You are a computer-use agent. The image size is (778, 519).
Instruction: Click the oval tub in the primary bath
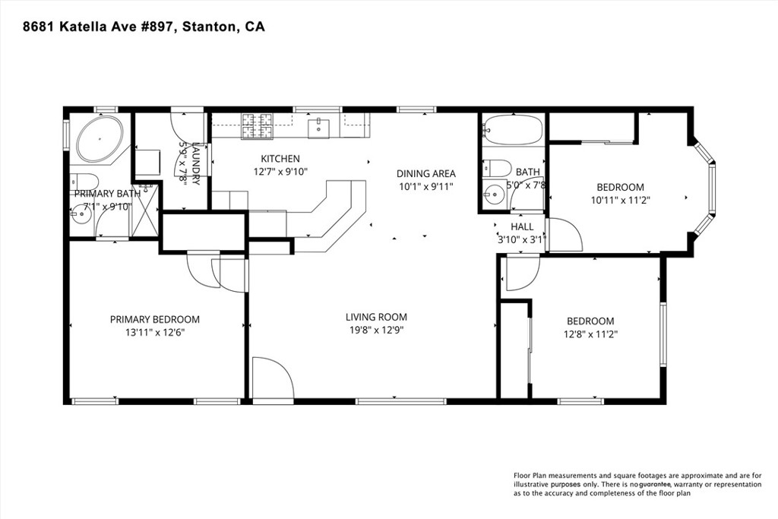click(x=96, y=138)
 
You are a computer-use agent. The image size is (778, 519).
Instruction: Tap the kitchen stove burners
click(x=258, y=126)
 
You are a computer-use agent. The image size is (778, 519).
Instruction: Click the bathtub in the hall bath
click(x=513, y=130)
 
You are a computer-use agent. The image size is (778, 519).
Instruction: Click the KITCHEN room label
click(x=280, y=159)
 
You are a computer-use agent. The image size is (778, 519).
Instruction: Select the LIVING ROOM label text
click(x=376, y=317)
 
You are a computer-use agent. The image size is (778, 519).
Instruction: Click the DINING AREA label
click(x=426, y=173)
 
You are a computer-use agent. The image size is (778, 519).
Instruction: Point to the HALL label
click(x=522, y=226)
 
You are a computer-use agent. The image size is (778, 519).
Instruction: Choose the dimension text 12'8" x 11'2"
click(x=590, y=334)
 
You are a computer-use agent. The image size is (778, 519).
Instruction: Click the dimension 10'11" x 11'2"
click(x=620, y=201)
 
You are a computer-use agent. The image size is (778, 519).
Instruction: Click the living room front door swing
click(x=271, y=378)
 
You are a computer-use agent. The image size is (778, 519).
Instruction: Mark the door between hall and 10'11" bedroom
click(x=563, y=236)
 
